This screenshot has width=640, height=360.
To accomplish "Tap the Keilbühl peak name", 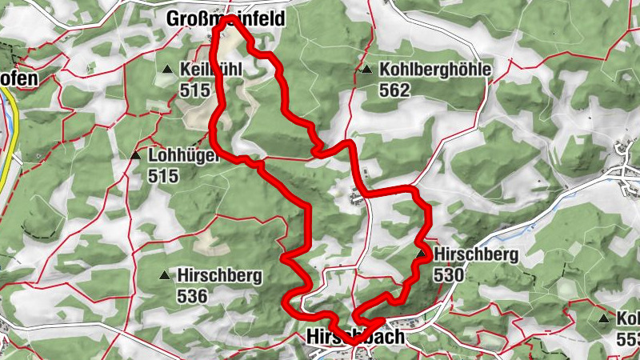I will [x=210, y=70].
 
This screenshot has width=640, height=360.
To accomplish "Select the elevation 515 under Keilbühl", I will [x=195, y=90].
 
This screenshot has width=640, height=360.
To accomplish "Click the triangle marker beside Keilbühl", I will [x=167, y=70].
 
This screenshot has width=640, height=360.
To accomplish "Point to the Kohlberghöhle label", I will [x=434, y=70].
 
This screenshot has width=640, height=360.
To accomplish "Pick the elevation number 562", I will [x=395, y=90].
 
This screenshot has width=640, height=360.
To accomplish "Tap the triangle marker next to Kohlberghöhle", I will [x=366, y=70].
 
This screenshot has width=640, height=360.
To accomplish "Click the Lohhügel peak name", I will [x=183, y=156].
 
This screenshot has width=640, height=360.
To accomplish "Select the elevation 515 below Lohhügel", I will [x=163, y=176].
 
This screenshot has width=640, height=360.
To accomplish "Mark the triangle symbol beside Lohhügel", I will [x=135, y=155].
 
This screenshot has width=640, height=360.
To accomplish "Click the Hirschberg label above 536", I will [x=220, y=276].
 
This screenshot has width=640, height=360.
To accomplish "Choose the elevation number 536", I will [x=194, y=297].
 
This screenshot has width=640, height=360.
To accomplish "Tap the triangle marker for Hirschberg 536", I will [x=165, y=276].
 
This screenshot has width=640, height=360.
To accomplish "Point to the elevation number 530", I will [x=449, y=275].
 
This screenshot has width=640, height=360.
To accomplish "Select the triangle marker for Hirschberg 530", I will [x=421, y=254].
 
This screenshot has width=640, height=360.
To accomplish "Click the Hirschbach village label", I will [x=355, y=338].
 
